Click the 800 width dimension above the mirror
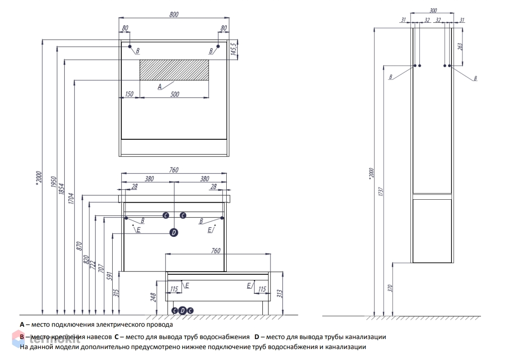point(173,15)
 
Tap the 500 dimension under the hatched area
point(174,94)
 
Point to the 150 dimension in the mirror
point(129,94)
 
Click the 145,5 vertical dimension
point(233,49)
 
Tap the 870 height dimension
point(79,246)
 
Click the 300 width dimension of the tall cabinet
point(433,10)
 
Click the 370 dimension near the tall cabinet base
point(389,288)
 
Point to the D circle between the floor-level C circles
point(183,311)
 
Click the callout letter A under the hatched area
point(160,86)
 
